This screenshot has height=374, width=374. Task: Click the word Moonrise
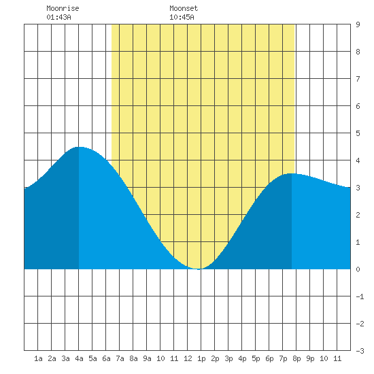(63, 8)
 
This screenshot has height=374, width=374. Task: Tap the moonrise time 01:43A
(58, 17)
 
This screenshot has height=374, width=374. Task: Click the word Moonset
(184, 8)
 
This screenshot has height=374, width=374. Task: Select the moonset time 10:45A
(182, 17)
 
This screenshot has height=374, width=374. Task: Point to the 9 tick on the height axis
(358, 24)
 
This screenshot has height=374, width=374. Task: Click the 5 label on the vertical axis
(358, 133)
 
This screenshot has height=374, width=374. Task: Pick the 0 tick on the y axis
(358, 269)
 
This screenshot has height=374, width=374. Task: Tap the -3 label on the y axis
(360, 351)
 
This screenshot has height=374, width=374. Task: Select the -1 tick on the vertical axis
(360, 296)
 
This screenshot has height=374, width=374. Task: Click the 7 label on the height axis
(358, 79)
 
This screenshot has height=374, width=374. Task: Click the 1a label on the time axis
(38, 358)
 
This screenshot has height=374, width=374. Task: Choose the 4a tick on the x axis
(79, 358)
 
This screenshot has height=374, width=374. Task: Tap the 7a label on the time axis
(120, 358)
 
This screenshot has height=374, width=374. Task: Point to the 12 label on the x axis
(188, 358)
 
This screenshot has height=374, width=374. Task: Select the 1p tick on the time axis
(201, 358)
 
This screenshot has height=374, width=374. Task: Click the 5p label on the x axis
(256, 358)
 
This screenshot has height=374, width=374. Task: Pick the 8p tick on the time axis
(296, 358)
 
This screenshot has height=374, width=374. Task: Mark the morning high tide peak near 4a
(80, 147)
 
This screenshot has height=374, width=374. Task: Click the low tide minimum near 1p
(199, 269)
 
